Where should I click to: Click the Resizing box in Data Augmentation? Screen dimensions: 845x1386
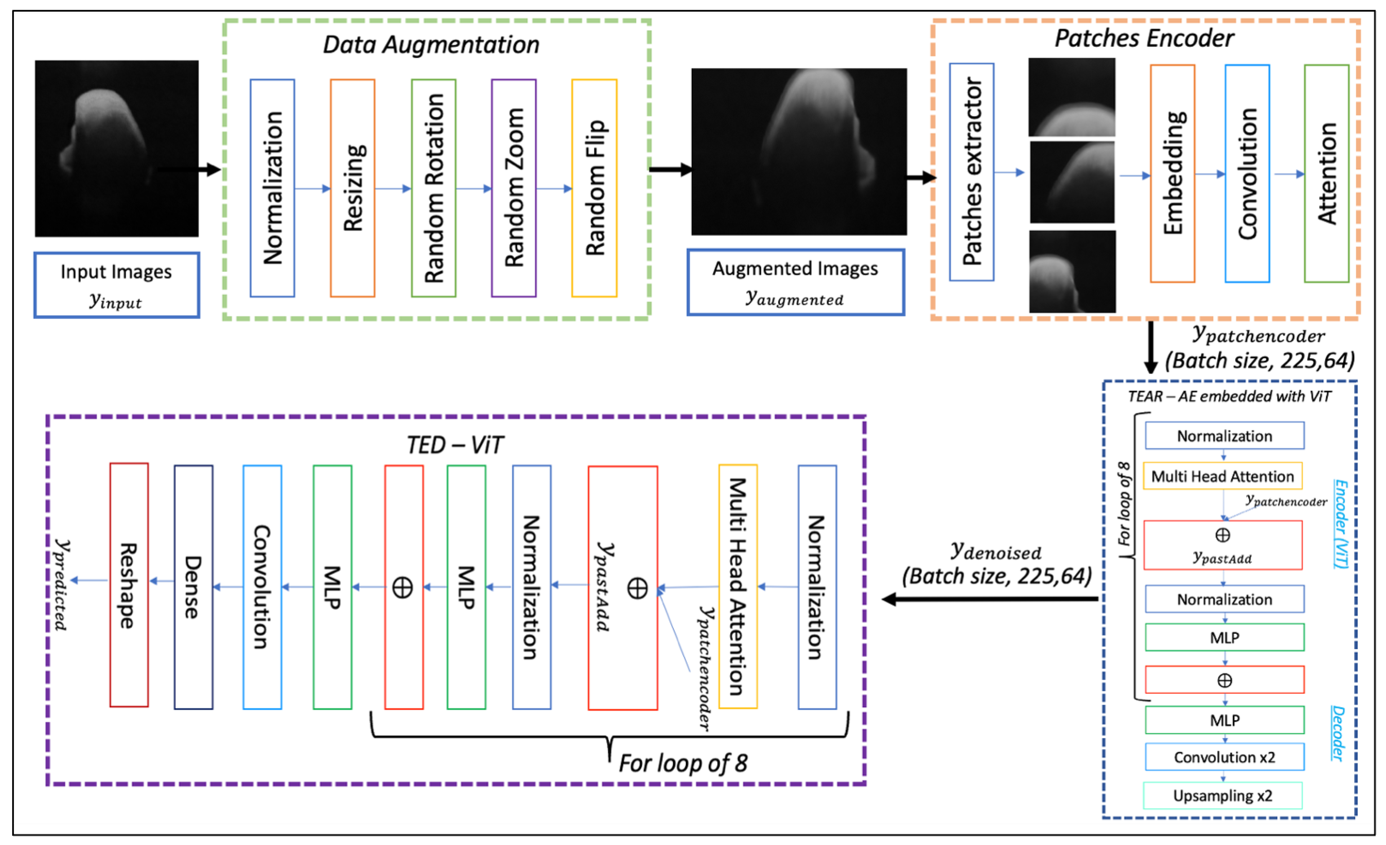[x=352, y=188]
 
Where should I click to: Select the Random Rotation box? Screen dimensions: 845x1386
[x=433, y=188]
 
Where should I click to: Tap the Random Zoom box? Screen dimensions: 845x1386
[x=513, y=188]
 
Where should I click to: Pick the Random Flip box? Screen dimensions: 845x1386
[x=594, y=188]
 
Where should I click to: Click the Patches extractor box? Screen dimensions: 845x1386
[x=972, y=172]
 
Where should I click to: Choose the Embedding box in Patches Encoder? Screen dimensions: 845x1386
[x=1172, y=173]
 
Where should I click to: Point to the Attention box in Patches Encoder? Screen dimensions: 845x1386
[x=1326, y=173]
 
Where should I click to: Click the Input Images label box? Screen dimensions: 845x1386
[x=117, y=285]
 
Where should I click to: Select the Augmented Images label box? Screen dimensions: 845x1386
[x=795, y=282]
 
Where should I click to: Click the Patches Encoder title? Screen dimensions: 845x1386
[x=1144, y=38]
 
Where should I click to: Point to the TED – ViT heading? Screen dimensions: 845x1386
[x=454, y=445]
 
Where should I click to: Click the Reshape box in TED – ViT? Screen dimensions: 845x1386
[x=129, y=585]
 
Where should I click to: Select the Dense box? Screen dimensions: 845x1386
[x=193, y=587]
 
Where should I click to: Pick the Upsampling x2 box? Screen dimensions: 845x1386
[x=1222, y=795]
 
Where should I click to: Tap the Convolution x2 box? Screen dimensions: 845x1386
[x=1224, y=757]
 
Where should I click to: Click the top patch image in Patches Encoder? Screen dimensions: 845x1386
[x=1071, y=97]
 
